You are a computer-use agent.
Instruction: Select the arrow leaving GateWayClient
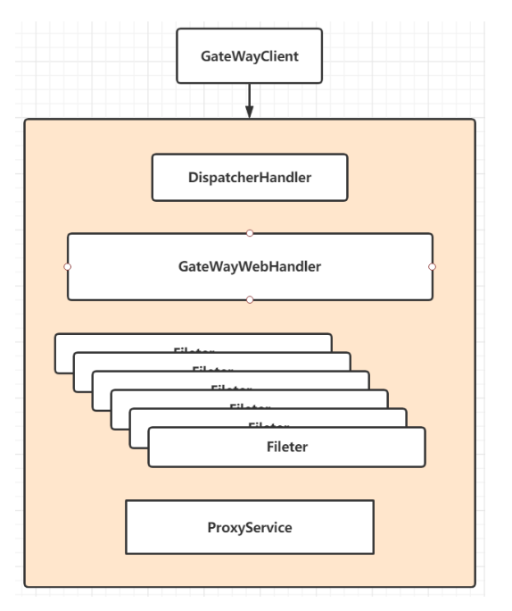pos(249,94)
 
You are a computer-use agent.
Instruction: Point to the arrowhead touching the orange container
pos(249,113)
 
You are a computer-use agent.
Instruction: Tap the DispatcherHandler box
pos(249,177)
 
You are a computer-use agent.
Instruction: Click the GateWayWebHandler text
pos(249,266)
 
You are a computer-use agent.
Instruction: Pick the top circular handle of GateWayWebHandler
pos(250,233)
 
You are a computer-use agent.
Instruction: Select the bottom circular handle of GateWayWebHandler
pos(250,299)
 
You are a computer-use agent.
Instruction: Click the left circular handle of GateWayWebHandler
pos(67,266)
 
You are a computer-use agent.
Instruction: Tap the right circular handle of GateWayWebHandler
pos(432,266)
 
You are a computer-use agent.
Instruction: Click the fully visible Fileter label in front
pos(287,447)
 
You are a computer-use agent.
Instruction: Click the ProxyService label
pos(249,527)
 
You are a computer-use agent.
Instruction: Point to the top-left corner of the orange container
pos(25,120)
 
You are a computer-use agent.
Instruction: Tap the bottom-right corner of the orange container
pos(475,586)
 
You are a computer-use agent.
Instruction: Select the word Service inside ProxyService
pos(269,527)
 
